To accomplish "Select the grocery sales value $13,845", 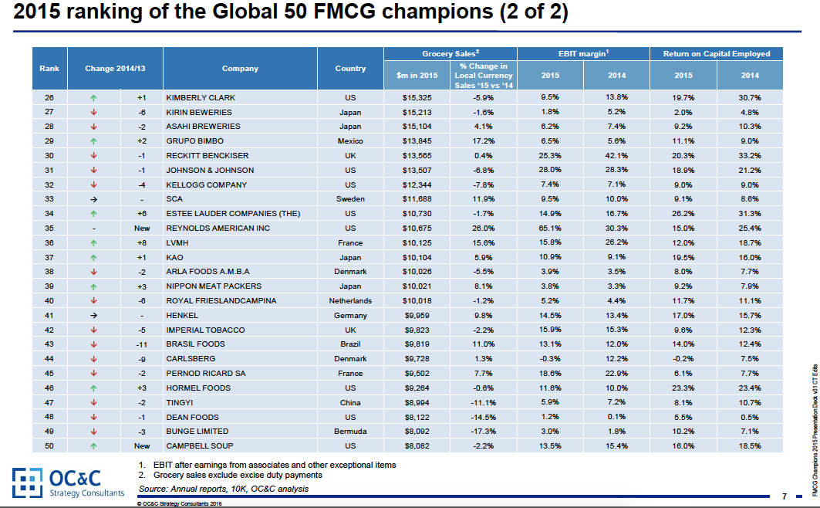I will pos(420,141).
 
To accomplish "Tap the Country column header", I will pos(350,69).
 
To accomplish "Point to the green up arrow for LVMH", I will pos(93,243).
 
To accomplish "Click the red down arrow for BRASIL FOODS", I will pos(93,344).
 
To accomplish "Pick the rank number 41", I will pos(49,315).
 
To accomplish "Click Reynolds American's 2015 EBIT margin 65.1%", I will pos(550,229).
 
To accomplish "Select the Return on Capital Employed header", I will pos(717,53).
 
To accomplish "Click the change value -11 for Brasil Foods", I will pos(141,344).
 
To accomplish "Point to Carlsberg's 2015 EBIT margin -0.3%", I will pos(550,359).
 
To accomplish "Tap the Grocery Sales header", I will pos(450,53).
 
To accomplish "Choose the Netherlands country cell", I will pos(350,301).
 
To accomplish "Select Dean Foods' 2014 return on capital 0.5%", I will pos(751,416).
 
